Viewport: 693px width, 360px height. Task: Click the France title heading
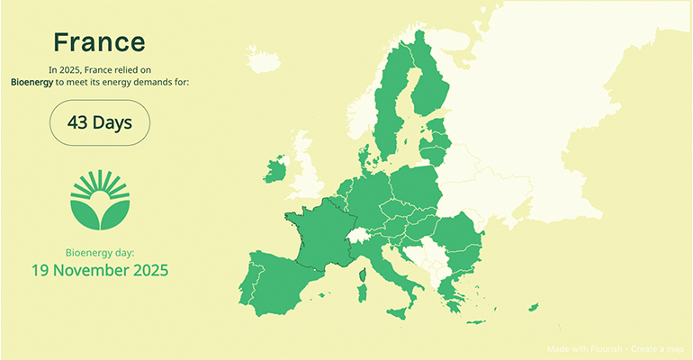(99, 42)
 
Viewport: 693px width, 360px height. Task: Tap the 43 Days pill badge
(99, 122)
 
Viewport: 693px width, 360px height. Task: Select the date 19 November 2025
(100, 269)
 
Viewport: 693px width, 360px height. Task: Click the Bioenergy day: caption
(100, 251)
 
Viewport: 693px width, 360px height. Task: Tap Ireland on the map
(275, 171)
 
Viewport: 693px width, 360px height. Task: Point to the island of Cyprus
(533, 308)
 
